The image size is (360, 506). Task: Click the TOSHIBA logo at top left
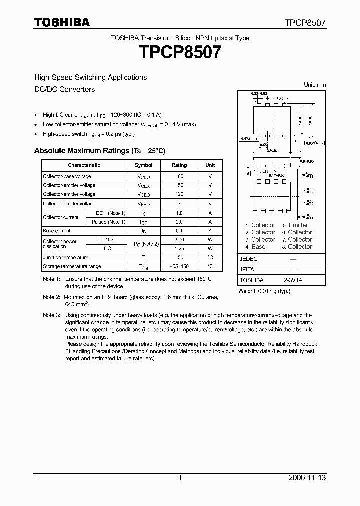(x=62, y=22)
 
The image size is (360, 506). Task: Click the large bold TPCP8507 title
(x=180, y=52)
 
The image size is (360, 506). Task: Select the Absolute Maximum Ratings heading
(x=99, y=150)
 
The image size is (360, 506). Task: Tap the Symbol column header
(x=144, y=165)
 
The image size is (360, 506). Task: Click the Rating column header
(x=179, y=165)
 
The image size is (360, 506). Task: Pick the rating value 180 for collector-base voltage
(x=179, y=176)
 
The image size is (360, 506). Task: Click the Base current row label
(x=57, y=231)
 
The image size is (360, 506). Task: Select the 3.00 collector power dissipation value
(x=179, y=240)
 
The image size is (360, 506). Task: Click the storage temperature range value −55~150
(x=179, y=267)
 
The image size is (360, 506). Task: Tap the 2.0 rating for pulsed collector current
(x=179, y=222)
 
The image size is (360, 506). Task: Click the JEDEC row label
(x=248, y=259)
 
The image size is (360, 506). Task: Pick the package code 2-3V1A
(x=293, y=280)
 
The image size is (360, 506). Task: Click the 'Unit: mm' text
(x=315, y=85)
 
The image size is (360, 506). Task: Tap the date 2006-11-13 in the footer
(x=307, y=478)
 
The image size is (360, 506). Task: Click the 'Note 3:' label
(x=51, y=315)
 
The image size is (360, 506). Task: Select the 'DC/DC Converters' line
(x=64, y=89)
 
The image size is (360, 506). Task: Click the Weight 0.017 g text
(x=264, y=291)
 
